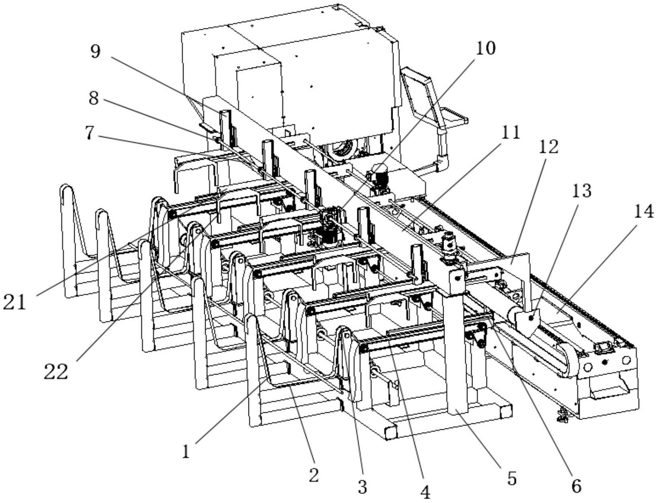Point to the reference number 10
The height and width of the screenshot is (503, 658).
[x=486, y=48]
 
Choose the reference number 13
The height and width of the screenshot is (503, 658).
[x=582, y=191]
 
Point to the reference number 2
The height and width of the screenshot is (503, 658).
[x=314, y=475]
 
